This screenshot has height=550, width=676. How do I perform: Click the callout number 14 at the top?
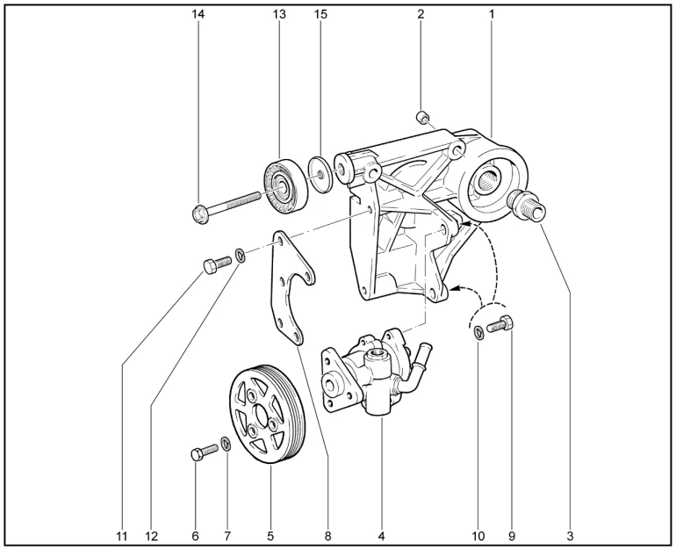click(198, 14)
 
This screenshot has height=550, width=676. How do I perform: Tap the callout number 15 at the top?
click(320, 14)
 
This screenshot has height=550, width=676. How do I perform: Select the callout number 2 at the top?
click(421, 14)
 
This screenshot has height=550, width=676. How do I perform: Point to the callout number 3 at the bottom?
click(570, 536)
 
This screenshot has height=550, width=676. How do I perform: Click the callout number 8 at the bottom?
click(328, 536)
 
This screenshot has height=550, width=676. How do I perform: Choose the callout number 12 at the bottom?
click(152, 536)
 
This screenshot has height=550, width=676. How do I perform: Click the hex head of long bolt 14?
click(200, 213)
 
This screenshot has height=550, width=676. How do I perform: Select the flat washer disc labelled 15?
click(321, 174)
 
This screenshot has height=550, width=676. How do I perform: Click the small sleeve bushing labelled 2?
click(422, 117)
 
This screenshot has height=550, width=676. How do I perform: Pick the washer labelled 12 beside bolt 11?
click(241, 255)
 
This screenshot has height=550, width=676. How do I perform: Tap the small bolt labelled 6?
click(204, 452)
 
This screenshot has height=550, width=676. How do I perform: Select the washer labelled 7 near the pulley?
click(225, 444)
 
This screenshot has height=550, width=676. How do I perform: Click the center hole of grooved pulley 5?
click(262, 416)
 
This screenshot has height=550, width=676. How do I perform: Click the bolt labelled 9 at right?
click(500, 324)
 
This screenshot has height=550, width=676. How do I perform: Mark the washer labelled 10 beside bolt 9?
click(478, 333)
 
